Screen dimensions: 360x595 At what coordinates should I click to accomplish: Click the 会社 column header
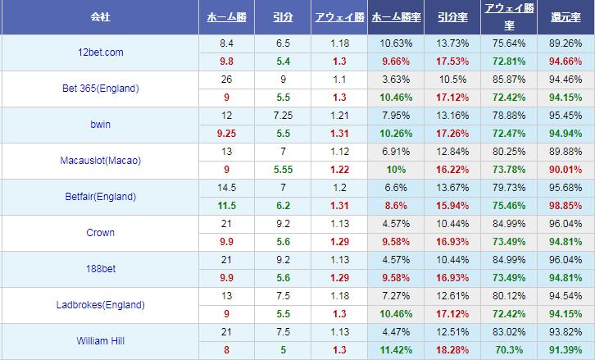point(99,16)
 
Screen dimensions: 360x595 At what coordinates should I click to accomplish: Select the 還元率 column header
point(566,16)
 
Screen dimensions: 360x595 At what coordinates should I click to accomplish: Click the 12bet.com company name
point(99,52)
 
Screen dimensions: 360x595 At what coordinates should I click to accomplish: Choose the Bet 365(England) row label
point(99,89)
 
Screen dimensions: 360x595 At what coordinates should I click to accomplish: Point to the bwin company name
point(99,125)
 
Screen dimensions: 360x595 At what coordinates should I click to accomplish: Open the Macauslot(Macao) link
point(99,161)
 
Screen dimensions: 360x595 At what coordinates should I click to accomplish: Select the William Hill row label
point(99,341)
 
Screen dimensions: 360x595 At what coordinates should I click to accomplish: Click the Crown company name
point(99,233)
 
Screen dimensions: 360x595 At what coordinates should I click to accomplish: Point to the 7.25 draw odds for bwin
point(283,116)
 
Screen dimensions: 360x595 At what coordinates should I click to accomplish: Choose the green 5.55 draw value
point(283,170)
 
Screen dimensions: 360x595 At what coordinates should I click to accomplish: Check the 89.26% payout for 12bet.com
point(566,43)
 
